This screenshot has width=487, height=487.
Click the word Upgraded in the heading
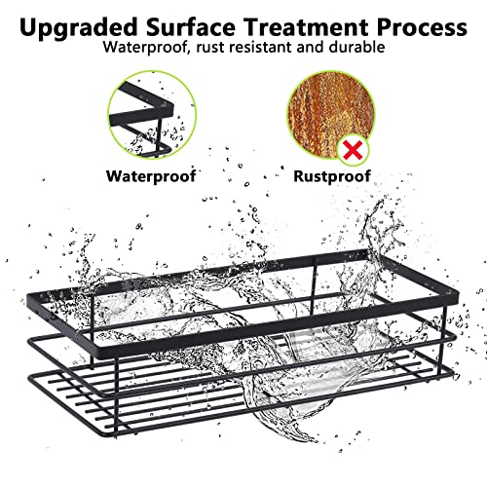(79, 28)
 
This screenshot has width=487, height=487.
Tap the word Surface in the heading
(191, 27)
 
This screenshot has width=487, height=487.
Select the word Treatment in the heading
(306, 27)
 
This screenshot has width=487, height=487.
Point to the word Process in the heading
(422, 28)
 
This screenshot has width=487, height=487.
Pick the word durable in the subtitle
(356, 47)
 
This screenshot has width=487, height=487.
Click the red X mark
(353, 151)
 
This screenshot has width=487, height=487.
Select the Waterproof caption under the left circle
(151, 176)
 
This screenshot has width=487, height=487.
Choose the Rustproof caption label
(332, 176)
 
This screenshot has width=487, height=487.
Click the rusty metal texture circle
(331, 114)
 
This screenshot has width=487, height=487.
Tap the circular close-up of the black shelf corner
(152, 115)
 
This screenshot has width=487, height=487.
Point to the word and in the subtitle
(311, 47)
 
